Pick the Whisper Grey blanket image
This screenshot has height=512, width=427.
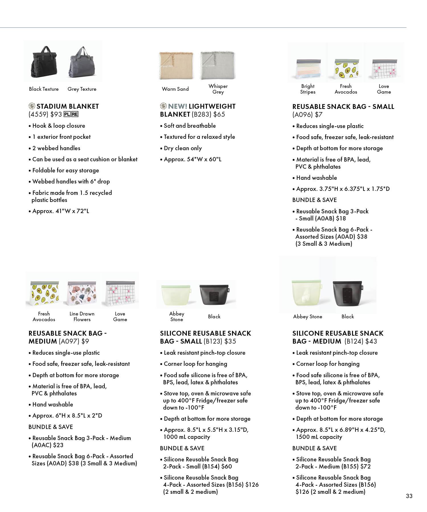(x=218, y=65)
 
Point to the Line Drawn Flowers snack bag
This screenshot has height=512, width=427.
(x=82, y=294)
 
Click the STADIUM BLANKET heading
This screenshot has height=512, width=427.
(x=67, y=106)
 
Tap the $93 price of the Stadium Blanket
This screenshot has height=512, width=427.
(x=56, y=114)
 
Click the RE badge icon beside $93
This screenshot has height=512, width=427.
(x=75, y=114)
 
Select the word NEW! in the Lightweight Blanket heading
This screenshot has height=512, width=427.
(x=178, y=106)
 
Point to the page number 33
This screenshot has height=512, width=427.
(x=409, y=496)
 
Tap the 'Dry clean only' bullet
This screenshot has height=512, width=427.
(x=182, y=148)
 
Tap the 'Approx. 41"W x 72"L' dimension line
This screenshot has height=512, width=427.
(x=60, y=211)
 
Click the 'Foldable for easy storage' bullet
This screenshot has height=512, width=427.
(x=65, y=170)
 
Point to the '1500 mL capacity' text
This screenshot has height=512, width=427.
(x=319, y=437)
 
